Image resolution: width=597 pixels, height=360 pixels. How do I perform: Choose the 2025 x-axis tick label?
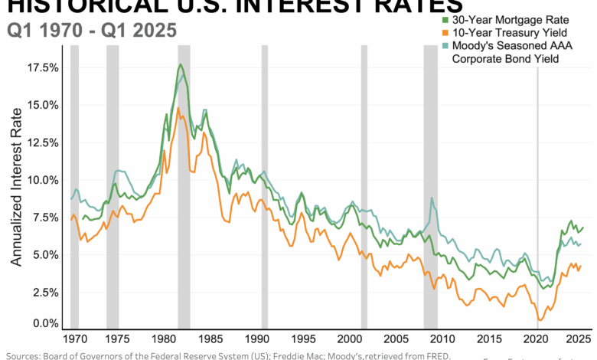tap(576, 339)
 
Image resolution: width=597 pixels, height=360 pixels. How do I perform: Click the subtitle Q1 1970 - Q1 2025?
tap(91, 31)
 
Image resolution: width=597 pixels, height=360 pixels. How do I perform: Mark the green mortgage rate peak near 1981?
tap(180, 64)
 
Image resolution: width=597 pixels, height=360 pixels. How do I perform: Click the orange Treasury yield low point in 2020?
tap(540, 320)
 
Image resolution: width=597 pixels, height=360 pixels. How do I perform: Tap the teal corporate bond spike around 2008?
tap(432, 198)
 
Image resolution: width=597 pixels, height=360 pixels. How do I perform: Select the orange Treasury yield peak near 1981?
tap(178, 108)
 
